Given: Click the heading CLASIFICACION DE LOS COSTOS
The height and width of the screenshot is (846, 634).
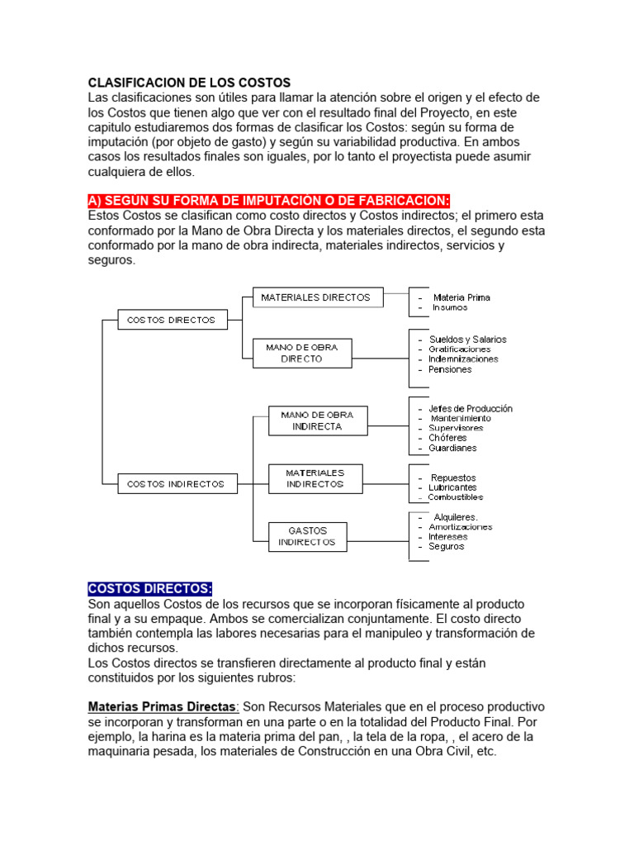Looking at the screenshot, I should click(189, 83).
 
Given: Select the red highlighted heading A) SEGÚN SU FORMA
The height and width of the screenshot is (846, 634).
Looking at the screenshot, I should click(269, 202).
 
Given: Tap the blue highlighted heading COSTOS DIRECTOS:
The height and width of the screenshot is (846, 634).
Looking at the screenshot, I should click(149, 588).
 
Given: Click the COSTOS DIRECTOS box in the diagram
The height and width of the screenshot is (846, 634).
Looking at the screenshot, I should click(172, 320).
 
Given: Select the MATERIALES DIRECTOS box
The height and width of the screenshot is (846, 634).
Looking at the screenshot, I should click(317, 297).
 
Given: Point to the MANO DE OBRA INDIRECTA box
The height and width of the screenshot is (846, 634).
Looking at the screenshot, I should click(317, 421).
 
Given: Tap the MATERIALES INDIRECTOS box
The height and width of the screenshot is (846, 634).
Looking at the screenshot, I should click(315, 478).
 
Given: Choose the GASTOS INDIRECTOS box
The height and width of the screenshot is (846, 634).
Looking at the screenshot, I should click(307, 536).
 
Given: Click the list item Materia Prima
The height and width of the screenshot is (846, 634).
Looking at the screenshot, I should click(461, 297).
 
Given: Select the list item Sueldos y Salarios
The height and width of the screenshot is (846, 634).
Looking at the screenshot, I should click(467, 340).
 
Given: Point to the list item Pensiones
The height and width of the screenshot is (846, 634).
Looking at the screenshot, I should click(450, 369).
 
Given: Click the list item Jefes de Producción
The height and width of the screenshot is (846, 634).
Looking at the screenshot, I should click(470, 408).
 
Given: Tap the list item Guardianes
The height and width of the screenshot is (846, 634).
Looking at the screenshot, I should click(452, 448).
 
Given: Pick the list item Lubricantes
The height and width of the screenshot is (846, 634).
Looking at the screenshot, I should click(452, 487).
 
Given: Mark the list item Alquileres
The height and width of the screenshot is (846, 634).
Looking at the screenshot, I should click(456, 517).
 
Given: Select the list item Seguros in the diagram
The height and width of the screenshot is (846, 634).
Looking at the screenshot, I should click(446, 546).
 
